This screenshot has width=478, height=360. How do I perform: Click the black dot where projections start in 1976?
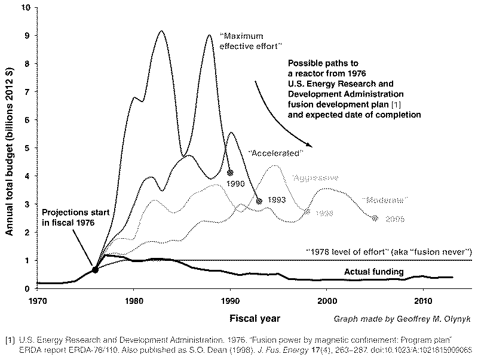click(95, 270)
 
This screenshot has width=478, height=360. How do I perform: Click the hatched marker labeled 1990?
click(230, 173)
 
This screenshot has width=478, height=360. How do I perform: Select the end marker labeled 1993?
click(259, 201)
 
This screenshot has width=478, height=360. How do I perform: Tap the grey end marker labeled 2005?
click(375, 219)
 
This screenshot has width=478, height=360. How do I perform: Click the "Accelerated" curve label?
click(277, 153)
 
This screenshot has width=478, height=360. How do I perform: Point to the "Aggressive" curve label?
click(315, 178)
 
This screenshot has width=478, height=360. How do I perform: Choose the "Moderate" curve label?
click(385, 199)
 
